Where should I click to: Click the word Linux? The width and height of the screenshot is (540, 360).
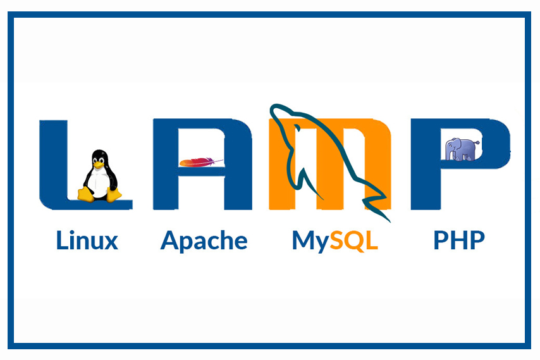87,240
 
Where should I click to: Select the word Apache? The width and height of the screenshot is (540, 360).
204,240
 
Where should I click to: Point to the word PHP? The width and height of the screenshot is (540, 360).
459,240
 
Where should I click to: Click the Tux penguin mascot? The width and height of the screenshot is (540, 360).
99,177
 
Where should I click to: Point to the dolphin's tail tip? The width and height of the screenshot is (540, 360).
387,220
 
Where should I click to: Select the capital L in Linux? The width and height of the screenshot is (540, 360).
61,240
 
